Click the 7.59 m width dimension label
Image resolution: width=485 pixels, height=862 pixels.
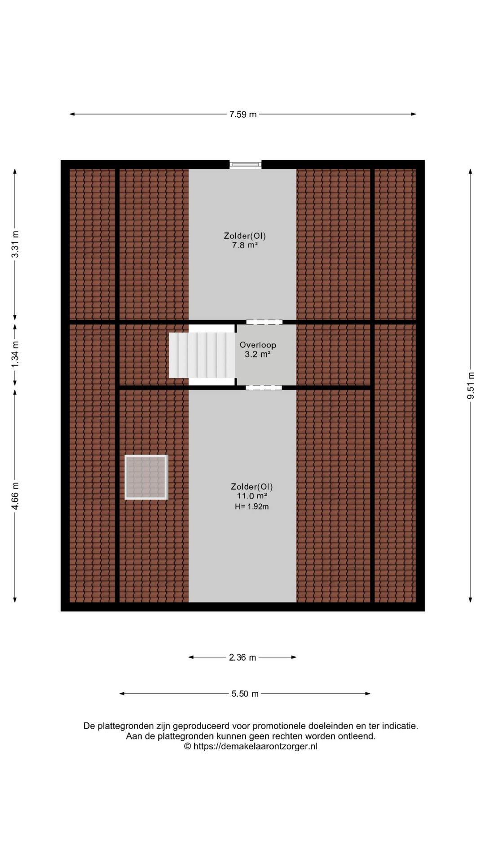243,114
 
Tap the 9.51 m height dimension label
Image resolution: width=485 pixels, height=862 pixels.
471,386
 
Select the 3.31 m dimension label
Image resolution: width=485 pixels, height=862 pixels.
15,244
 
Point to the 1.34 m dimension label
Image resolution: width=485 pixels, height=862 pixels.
15,354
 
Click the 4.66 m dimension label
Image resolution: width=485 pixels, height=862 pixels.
15,496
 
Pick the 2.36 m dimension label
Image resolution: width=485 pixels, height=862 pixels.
242,657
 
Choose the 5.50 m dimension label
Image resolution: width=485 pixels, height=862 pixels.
245,694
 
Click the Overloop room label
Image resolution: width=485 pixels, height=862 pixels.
258,345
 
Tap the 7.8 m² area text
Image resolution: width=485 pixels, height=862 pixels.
245,245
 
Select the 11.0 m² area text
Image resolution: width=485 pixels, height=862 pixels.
252,496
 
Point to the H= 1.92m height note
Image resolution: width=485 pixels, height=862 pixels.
252,506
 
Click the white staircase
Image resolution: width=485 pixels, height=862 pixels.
202,355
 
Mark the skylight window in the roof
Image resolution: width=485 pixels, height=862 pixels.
146,477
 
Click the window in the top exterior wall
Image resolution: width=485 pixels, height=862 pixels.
245,165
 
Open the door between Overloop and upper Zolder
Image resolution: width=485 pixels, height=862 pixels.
264,322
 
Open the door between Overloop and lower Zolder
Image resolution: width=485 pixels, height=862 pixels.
264,387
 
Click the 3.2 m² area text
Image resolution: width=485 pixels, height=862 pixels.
257,354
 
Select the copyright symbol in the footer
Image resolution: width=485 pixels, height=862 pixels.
188,746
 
